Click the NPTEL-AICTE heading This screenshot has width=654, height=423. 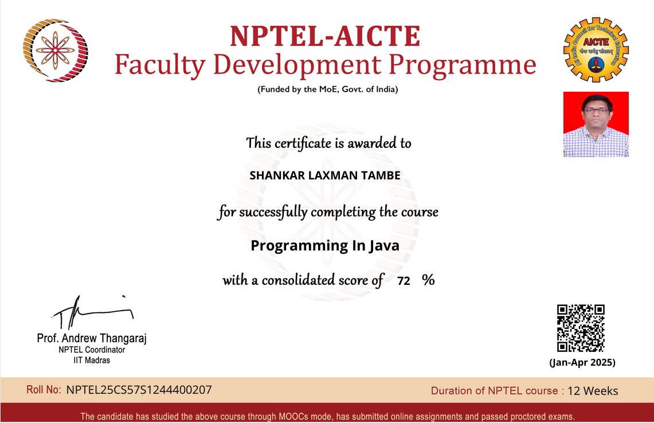pos(325,36)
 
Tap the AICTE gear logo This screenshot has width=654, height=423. pos(596,49)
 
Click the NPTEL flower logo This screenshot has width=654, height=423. pos(55,50)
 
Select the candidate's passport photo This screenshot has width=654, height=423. pos(596,124)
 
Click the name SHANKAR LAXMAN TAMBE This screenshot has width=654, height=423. pos(325,175)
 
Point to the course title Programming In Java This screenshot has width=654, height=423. pos(325,246)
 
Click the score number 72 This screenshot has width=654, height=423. pos(404,281)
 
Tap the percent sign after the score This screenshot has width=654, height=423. pos(428,280)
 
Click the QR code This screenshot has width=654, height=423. pos(581,328)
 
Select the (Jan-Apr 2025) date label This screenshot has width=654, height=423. pos(582,362)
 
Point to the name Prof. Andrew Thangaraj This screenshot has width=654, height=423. pos(92,339)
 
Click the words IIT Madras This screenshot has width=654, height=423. pos(92,361)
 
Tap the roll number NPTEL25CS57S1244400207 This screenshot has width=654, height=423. pos(139,390)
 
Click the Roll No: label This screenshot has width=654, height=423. pos(44,390)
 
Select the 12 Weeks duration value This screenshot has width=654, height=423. pos(593,391)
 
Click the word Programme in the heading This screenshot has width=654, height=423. pos(465,65)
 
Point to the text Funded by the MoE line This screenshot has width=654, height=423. pos(327,89)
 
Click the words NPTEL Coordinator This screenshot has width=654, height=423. pos(92,350)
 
